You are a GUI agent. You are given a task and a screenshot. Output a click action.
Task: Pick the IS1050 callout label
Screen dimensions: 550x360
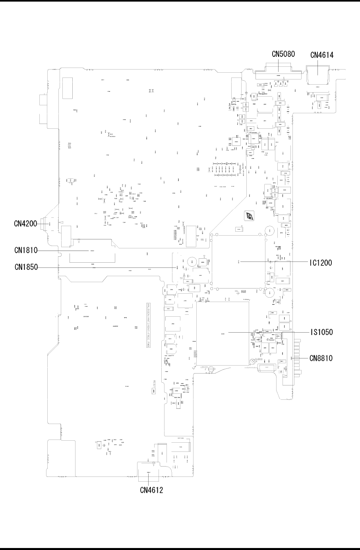pyautogui.click(x=321, y=331)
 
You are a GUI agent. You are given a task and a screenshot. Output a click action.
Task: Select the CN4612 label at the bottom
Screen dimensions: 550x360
pyautogui.click(x=151, y=490)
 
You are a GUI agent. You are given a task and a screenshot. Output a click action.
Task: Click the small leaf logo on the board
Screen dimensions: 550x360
pyautogui.click(x=249, y=216)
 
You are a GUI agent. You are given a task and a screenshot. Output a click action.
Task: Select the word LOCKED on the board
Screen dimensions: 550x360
pyautogui.click(x=205, y=367)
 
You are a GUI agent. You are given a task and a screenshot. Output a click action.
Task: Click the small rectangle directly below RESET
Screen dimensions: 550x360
pyautogui.click(x=153, y=392)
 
